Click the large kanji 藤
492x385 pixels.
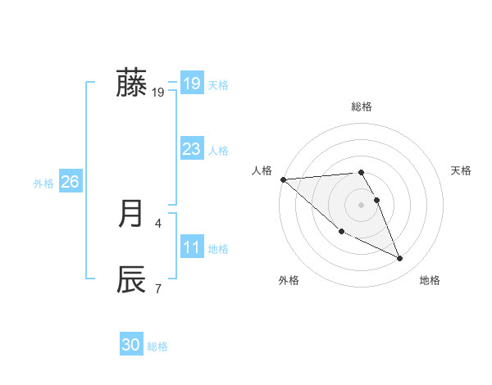[131, 84]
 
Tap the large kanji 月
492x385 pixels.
[131, 214]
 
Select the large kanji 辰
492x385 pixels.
[131, 279]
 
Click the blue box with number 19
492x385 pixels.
[191, 84]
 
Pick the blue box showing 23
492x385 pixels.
[191, 149]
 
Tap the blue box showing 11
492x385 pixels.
[191, 247]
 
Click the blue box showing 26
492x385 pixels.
[70, 182]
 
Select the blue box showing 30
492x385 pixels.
[131, 345]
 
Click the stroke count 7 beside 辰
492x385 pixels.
[157, 288]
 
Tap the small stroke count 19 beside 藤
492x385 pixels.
[158, 93]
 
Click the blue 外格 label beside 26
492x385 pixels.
[43, 183]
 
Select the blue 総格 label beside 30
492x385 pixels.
[157, 346]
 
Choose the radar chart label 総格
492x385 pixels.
[362, 106]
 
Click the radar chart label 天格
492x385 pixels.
[462, 170]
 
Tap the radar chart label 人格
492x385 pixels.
[262, 170]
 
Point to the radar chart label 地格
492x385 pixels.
[430, 280]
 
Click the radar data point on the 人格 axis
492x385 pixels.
[283, 179]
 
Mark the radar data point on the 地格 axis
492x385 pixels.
[400, 259]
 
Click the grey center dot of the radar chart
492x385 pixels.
[362, 204]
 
